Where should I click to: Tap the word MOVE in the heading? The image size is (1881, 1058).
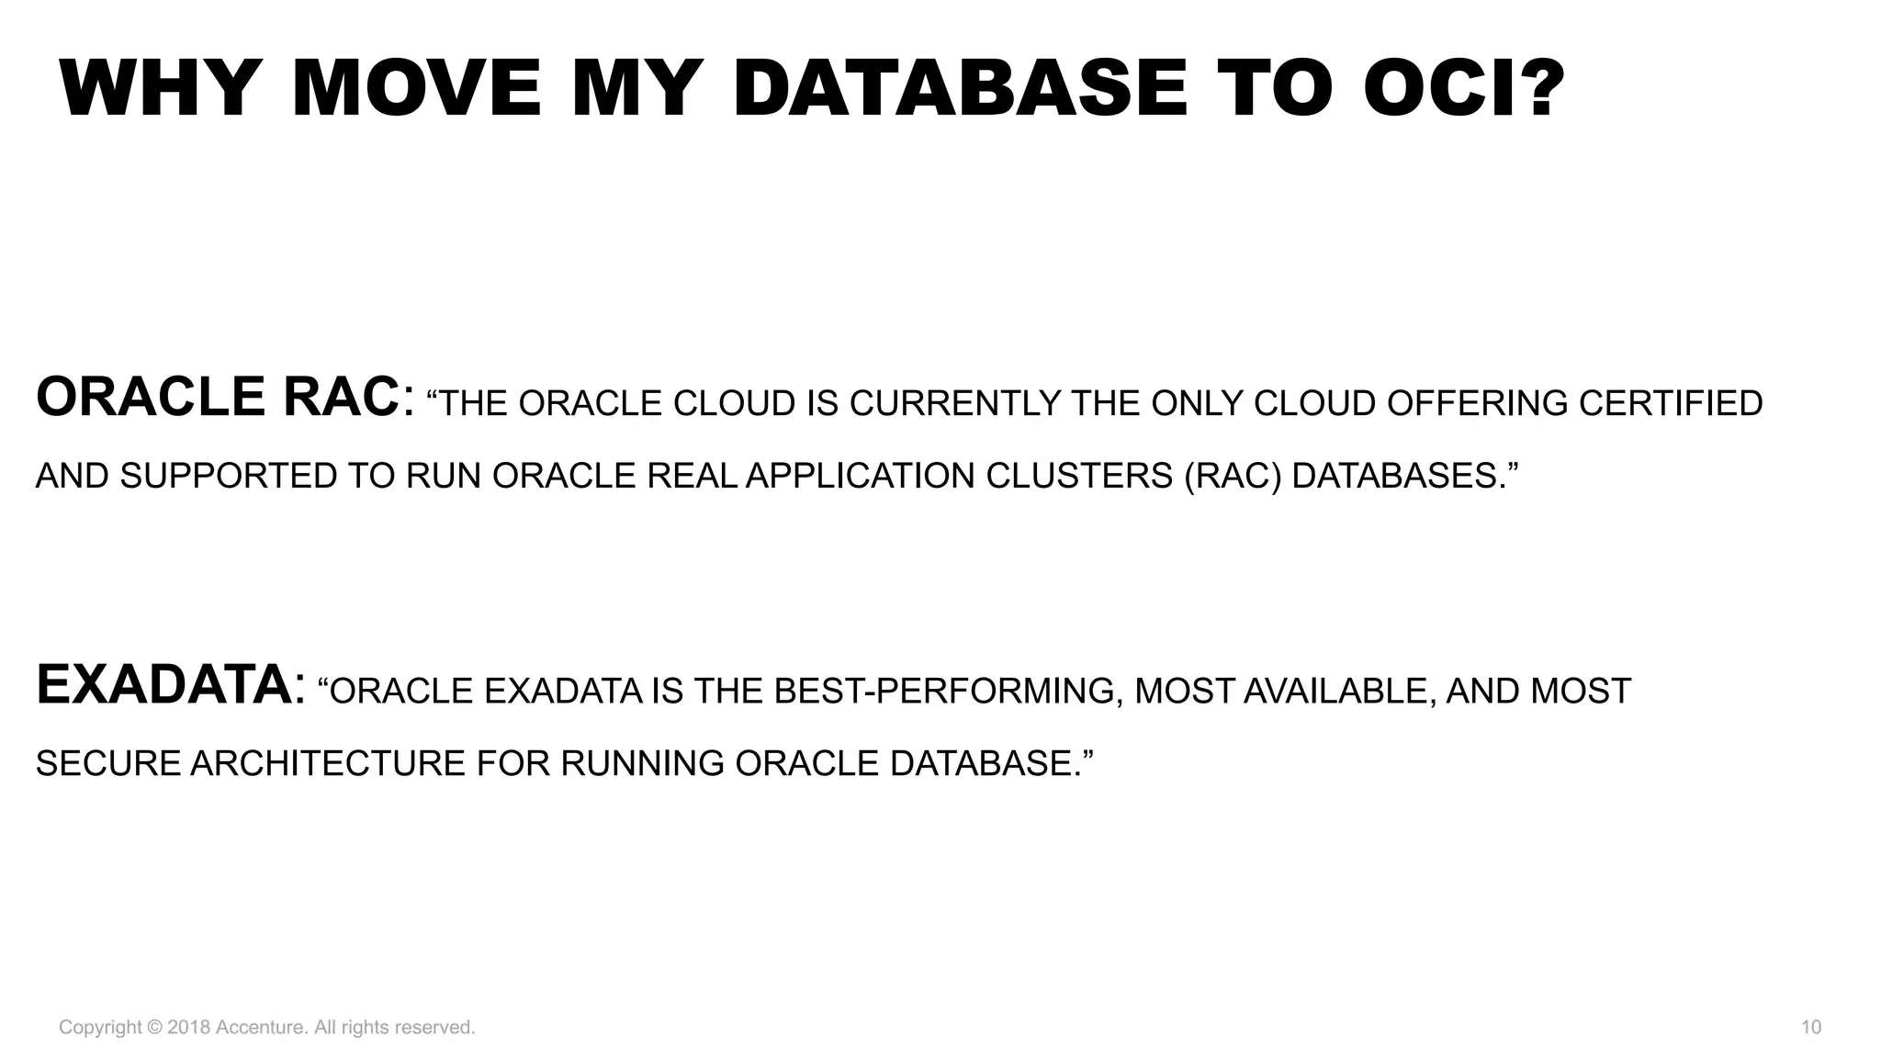coord(416,88)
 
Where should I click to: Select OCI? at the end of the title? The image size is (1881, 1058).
coord(1462,88)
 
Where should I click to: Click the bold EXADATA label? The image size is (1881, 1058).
coord(163,685)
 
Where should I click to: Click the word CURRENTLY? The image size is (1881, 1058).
coord(955,403)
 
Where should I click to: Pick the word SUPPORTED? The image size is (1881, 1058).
coord(229,476)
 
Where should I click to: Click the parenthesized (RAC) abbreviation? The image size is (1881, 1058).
coord(1233,476)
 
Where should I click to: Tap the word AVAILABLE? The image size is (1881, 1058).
coord(1339,692)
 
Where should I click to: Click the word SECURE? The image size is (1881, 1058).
coord(108,763)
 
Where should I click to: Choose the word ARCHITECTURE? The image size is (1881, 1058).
coord(328,763)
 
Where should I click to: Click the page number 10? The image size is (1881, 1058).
coord(1811,1028)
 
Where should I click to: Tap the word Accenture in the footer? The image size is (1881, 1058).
coord(262,1028)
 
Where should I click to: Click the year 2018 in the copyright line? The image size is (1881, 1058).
coord(188,1028)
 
